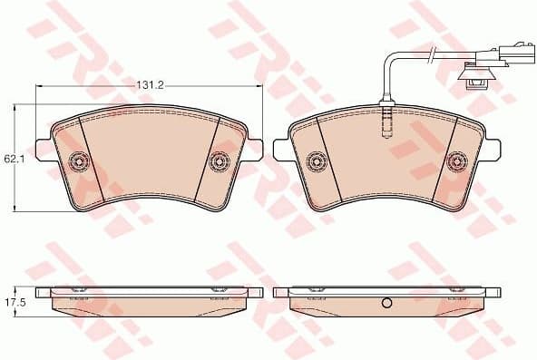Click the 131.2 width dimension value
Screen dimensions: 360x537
click(149, 84)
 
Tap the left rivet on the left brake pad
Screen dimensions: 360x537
click(79, 162)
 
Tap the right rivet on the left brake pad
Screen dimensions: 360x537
click(218, 162)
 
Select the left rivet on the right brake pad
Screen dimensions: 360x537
click(317, 162)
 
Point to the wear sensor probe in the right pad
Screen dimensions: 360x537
click(386, 119)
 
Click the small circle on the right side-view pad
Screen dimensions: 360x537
click(386, 304)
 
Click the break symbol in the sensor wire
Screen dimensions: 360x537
click(434, 54)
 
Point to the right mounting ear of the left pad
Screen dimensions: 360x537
click(253, 146)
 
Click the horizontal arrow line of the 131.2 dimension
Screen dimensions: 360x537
click(91, 86)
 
